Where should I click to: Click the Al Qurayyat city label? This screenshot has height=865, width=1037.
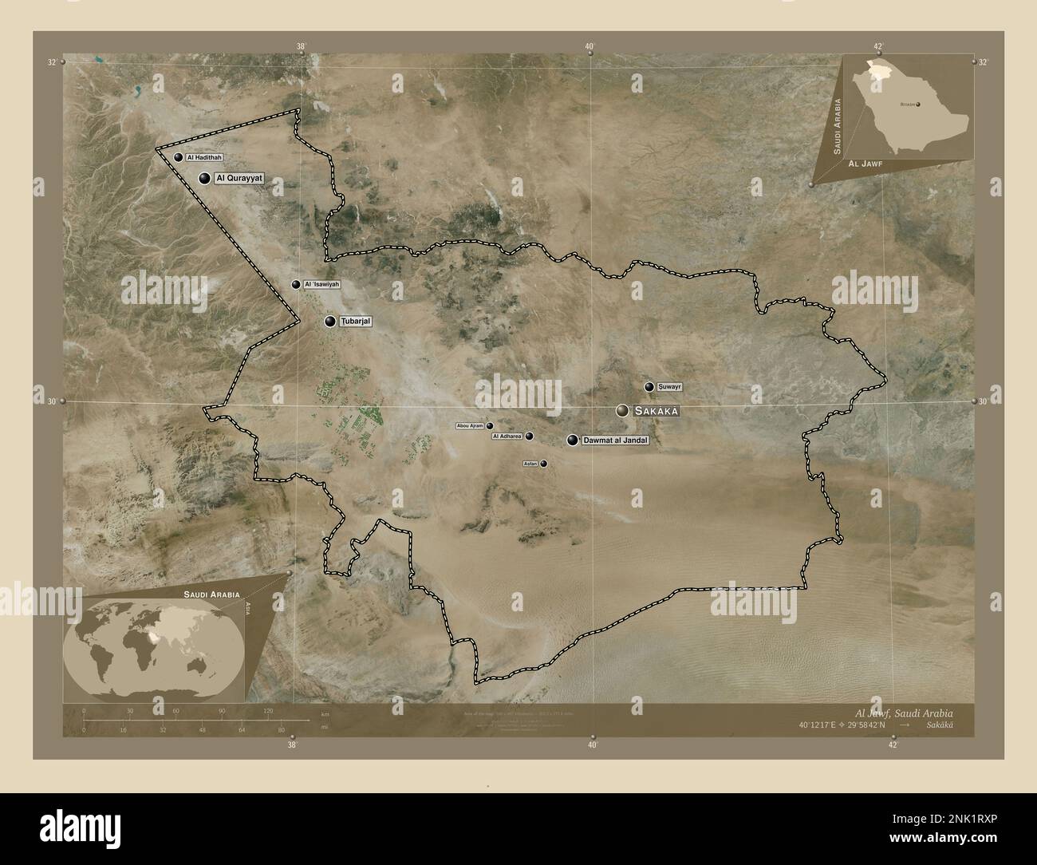(238, 179)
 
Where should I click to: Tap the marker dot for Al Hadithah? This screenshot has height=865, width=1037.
(179, 158)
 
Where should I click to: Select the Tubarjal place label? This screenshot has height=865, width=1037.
(357, 322)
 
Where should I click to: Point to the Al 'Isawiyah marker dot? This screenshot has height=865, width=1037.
(296, 284)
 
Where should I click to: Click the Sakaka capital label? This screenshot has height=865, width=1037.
(657, 411)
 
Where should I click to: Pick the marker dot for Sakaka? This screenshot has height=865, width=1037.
(622, 411)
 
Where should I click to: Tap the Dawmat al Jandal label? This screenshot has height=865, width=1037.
(615, 440)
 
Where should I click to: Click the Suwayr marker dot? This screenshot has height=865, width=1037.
(649, 387)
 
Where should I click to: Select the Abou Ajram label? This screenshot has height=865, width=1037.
(470, 426)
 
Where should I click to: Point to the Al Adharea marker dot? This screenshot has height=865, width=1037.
(529, 436)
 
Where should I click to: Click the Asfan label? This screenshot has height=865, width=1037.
(530, 464)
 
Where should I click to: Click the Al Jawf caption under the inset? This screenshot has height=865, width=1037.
(865, 163)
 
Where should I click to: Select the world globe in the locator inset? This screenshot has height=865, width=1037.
(152, 646)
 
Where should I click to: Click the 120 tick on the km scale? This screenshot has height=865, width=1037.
(268, 710)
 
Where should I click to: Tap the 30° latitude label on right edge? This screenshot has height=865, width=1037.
(983, 401)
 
